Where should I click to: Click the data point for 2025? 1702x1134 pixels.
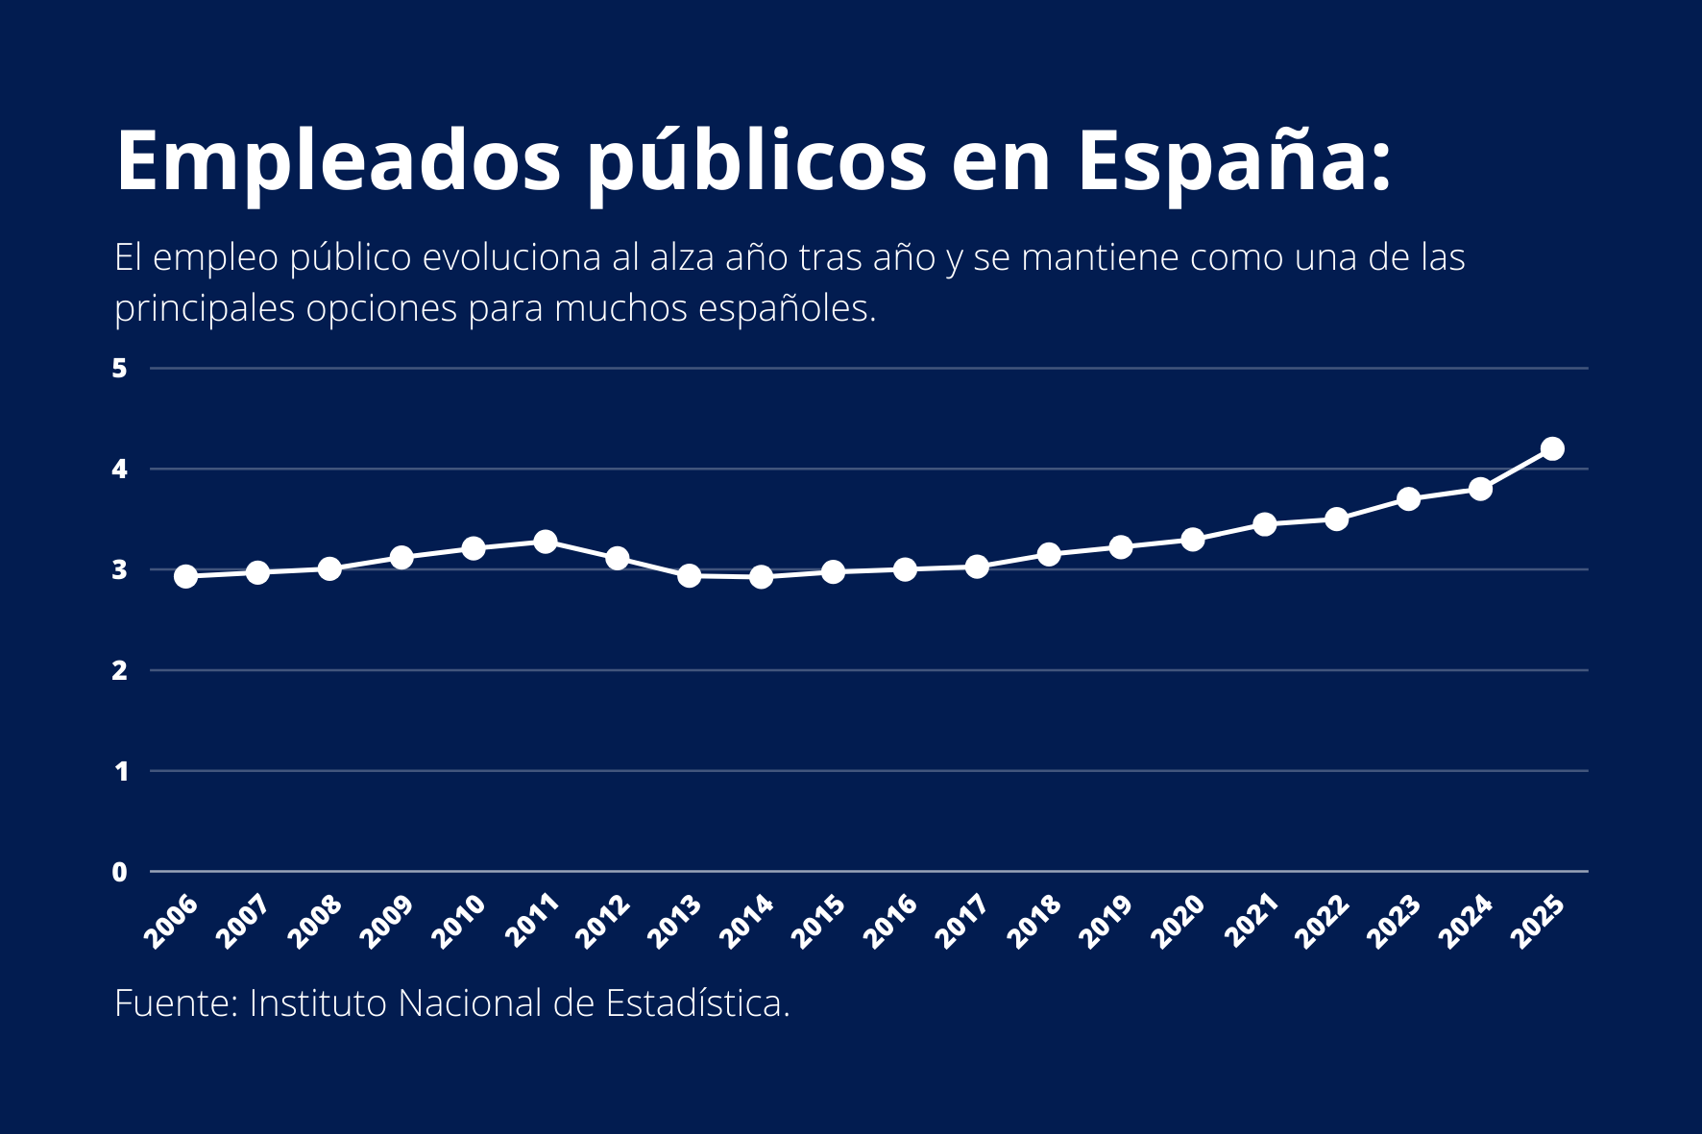[1552, 448]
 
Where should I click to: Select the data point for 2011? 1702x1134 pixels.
[546, 542]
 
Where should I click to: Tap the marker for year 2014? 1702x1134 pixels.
[761, 576]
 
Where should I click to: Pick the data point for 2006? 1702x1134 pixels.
[186, 576]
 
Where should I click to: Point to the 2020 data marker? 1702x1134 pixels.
[1193, 540]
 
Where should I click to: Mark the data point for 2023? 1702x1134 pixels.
[1408, 499]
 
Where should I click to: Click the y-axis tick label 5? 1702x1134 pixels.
[120, 369]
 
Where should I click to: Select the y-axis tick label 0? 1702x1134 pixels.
[120, 872]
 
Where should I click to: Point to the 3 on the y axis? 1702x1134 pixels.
[120, 570]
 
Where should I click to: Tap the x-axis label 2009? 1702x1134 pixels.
[387, 921]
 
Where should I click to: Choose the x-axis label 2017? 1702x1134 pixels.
[962, 921]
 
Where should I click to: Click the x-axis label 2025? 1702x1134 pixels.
[1538, 921]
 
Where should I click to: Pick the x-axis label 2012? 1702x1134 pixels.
[603, 921]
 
